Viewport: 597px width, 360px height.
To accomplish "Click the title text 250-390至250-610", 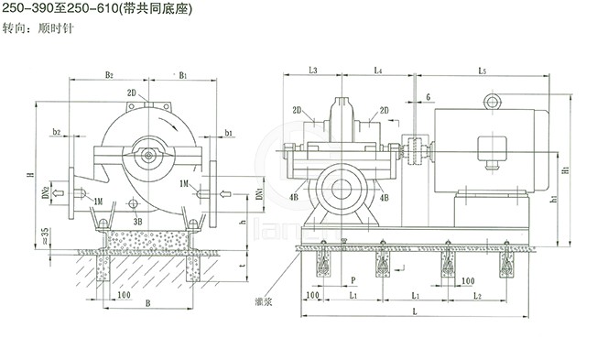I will click(x=62, y=8).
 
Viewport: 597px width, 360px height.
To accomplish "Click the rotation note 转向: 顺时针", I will click(x=39, y=28).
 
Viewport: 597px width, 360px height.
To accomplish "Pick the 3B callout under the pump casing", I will click(x=138, y=221).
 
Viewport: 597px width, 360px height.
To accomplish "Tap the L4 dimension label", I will click(x=377, y=70).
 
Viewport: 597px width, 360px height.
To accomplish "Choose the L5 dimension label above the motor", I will click(x=483, y=70).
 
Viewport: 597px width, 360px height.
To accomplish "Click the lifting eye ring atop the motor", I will click(x=495, y=100).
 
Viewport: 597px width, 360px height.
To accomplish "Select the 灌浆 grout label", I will click(x=266, y=300).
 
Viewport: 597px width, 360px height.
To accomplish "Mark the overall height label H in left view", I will click(x=30, y=174).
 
